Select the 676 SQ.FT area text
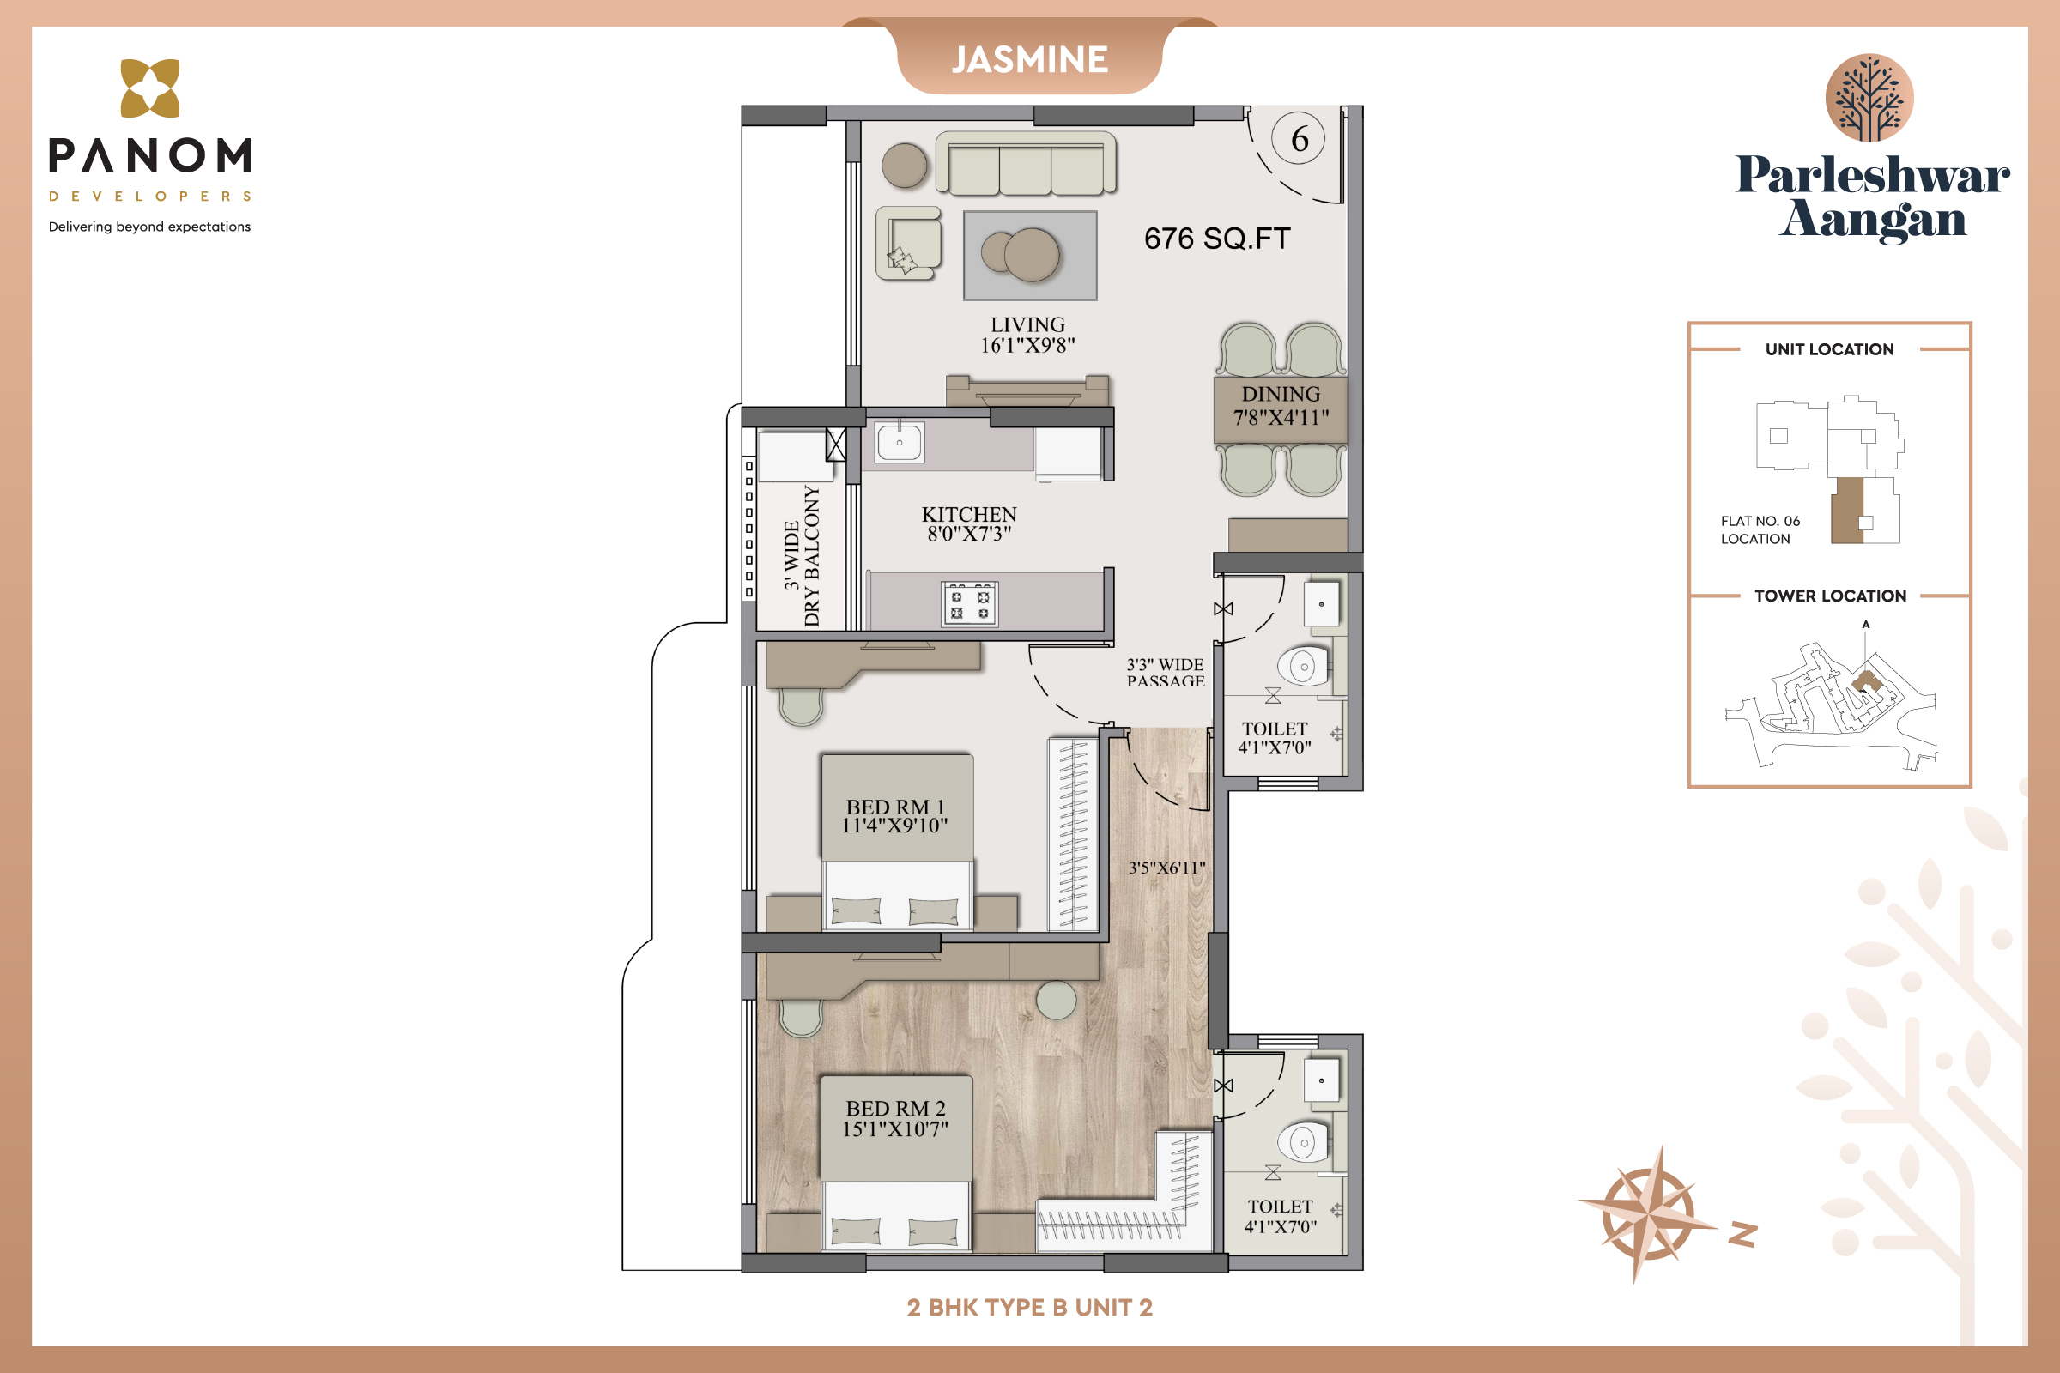pos(1217,239)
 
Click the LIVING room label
pos(1027,325)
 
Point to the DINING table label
pos(1281,395)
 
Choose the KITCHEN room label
pos(969,515)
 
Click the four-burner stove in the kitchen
pos(970,604)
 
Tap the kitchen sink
pos(900,441)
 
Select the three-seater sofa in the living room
pos(1026,164)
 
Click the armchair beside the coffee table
pos(909,244)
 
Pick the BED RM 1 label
pos(895,807)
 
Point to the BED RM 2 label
pos(895,1109)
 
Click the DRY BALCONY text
pos(812,557)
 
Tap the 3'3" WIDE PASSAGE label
pos(1166,673)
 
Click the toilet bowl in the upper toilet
pos(1304,668)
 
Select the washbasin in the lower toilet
pos(1322,1080)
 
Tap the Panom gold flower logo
pos(149,88)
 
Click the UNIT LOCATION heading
pos(1830,349)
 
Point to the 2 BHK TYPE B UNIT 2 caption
pos(1030,1307)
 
